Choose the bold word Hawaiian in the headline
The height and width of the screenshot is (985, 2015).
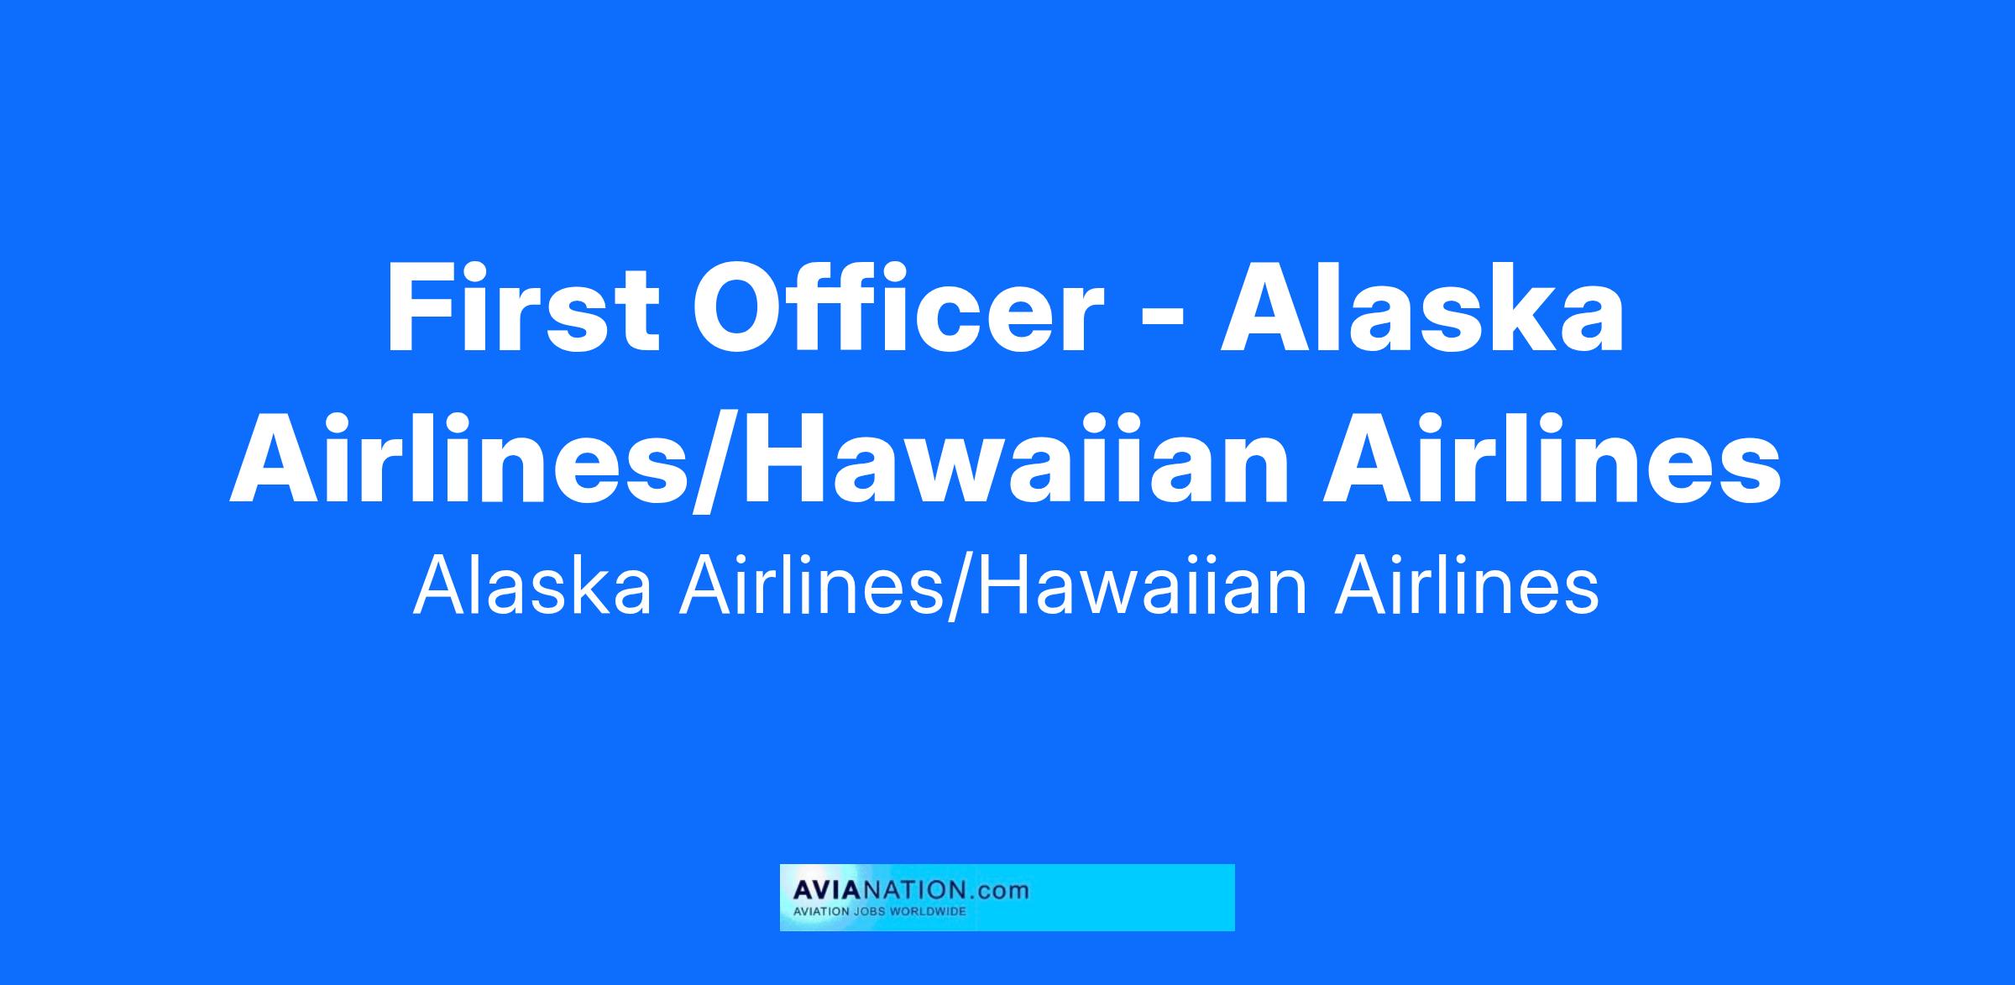[1023, 462]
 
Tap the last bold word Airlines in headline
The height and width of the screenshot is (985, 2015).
[1552, 462]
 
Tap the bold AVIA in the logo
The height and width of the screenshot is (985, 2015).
[823, 890]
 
